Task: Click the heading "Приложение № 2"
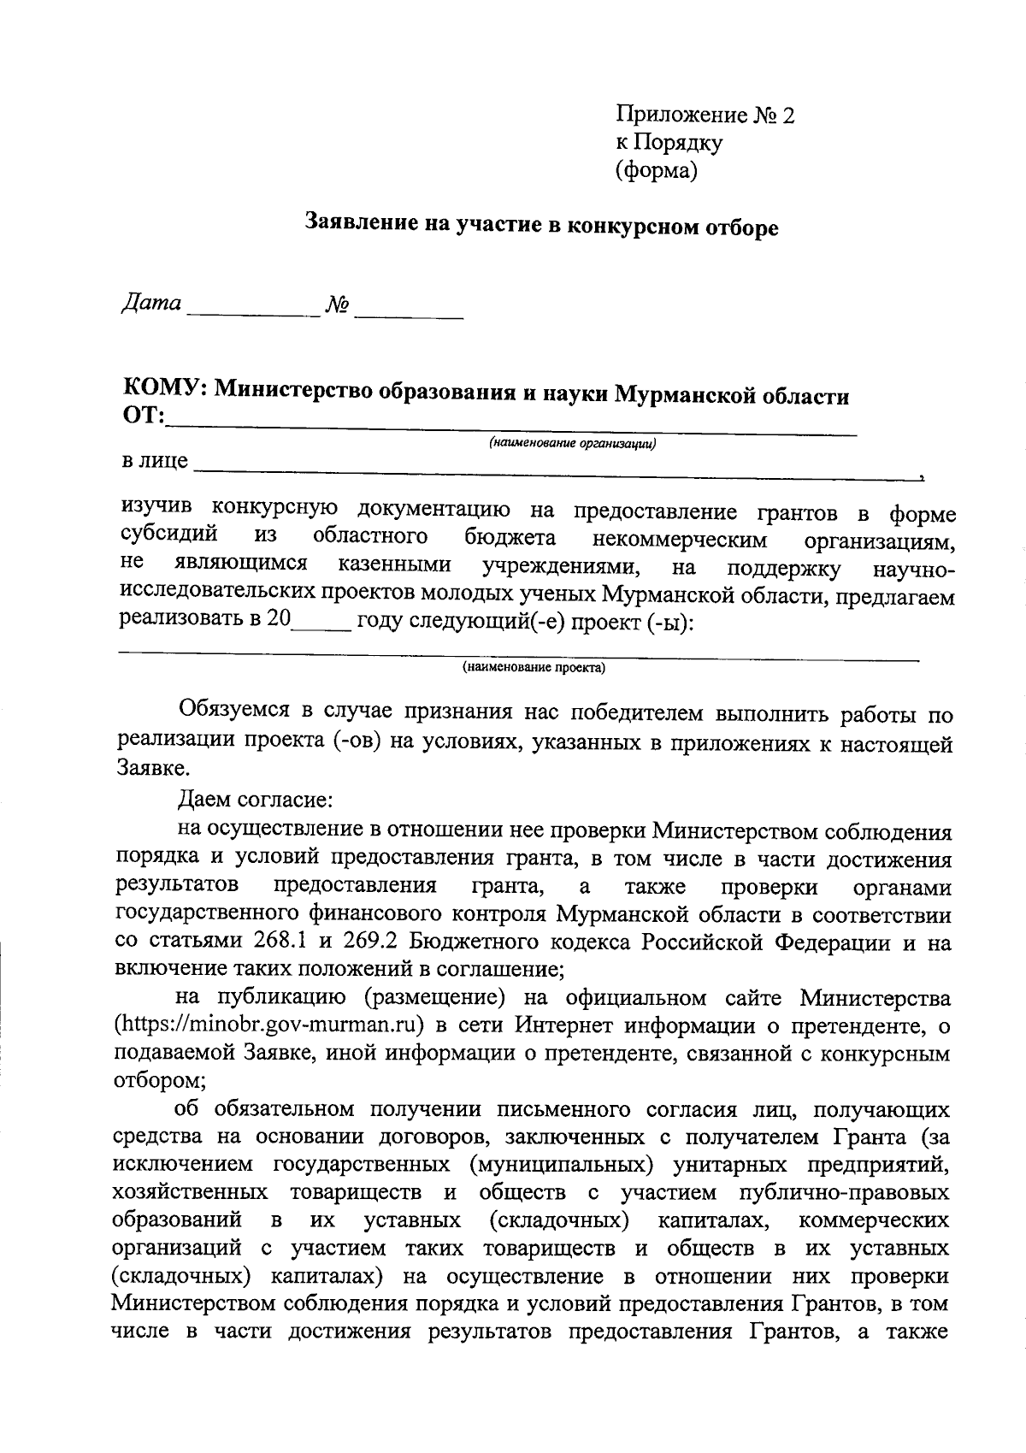click(x=705, y=115)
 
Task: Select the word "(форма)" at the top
click(x=657, y=171)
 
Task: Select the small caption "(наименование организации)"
click(x=572, y=444)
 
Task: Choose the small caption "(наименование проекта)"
click(x=534, y=668)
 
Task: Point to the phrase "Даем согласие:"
click(x=254, y=801)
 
